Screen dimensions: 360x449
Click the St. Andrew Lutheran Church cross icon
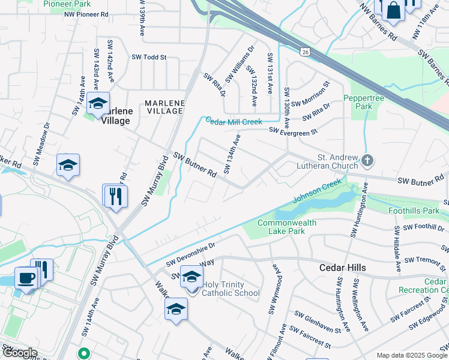click(367, 161)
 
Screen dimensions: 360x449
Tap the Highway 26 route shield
click(306, 53)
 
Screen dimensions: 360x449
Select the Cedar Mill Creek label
click(234, 122)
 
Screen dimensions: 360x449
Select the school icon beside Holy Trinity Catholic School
click(191, 277)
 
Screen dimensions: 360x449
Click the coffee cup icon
click(26, 278)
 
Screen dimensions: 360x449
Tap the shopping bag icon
click(394, 10)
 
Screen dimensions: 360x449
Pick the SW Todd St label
click(148, 58)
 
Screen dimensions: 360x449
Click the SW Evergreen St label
click(292, 130)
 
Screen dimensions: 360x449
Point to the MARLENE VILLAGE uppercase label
click(164, 107)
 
